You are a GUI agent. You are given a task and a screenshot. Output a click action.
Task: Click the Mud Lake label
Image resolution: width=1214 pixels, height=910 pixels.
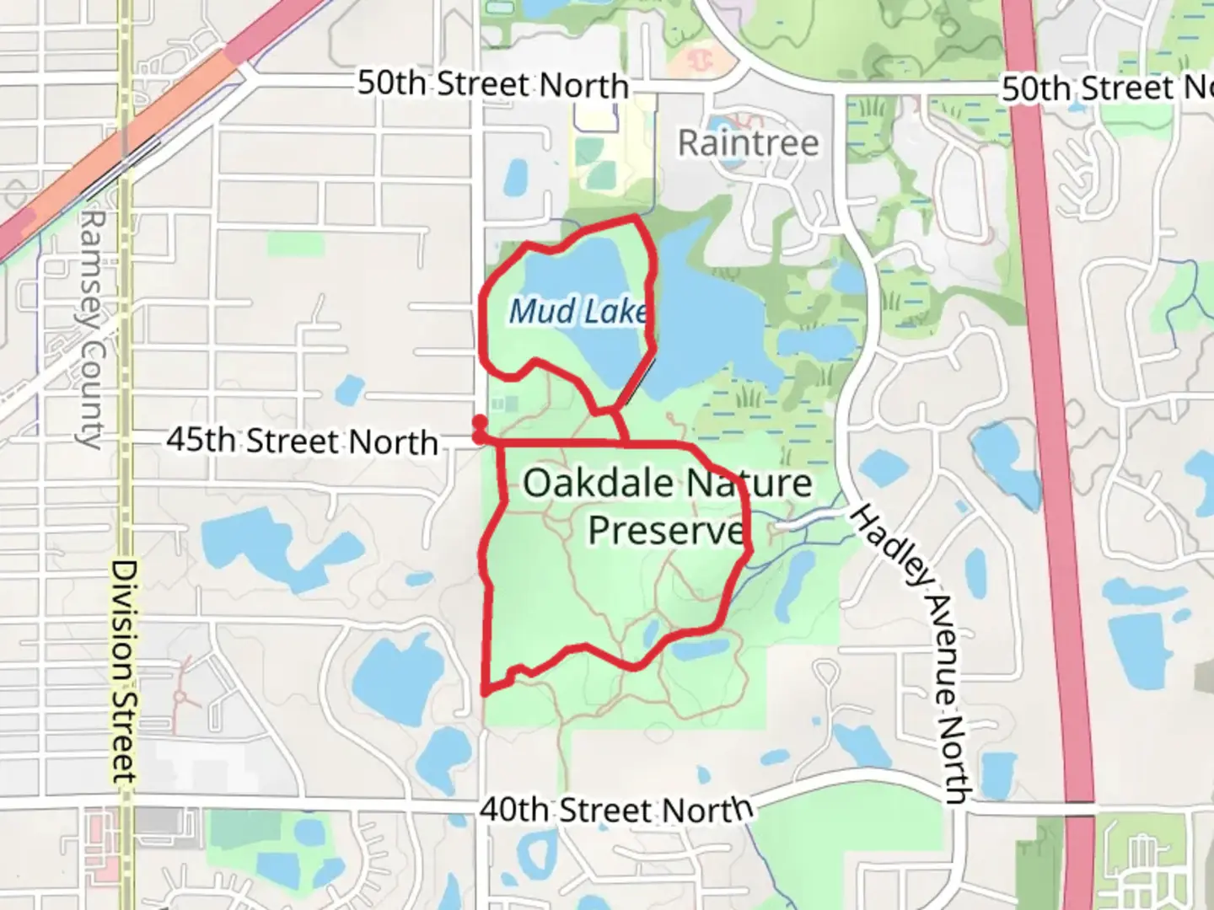click(x=578, y=312)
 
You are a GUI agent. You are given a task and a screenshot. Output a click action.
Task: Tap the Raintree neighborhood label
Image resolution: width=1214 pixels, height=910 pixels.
click(x=748, y=143)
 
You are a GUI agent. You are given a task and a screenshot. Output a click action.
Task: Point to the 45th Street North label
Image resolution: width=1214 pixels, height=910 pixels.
click(x=302, y=440)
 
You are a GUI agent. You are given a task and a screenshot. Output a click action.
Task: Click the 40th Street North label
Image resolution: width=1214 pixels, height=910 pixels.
click(x=615, y=810)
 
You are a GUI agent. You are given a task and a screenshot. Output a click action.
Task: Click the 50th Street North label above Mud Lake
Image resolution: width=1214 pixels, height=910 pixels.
click(x=493, y=84)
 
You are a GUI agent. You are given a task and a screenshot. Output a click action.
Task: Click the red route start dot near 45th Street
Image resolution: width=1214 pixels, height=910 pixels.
click(x=479, y=421)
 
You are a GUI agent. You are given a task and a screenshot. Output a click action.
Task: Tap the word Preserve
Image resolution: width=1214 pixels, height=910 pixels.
click(x=666, y=531)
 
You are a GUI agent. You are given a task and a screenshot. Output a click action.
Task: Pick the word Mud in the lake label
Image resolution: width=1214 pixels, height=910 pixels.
click(x=531, y=312)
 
